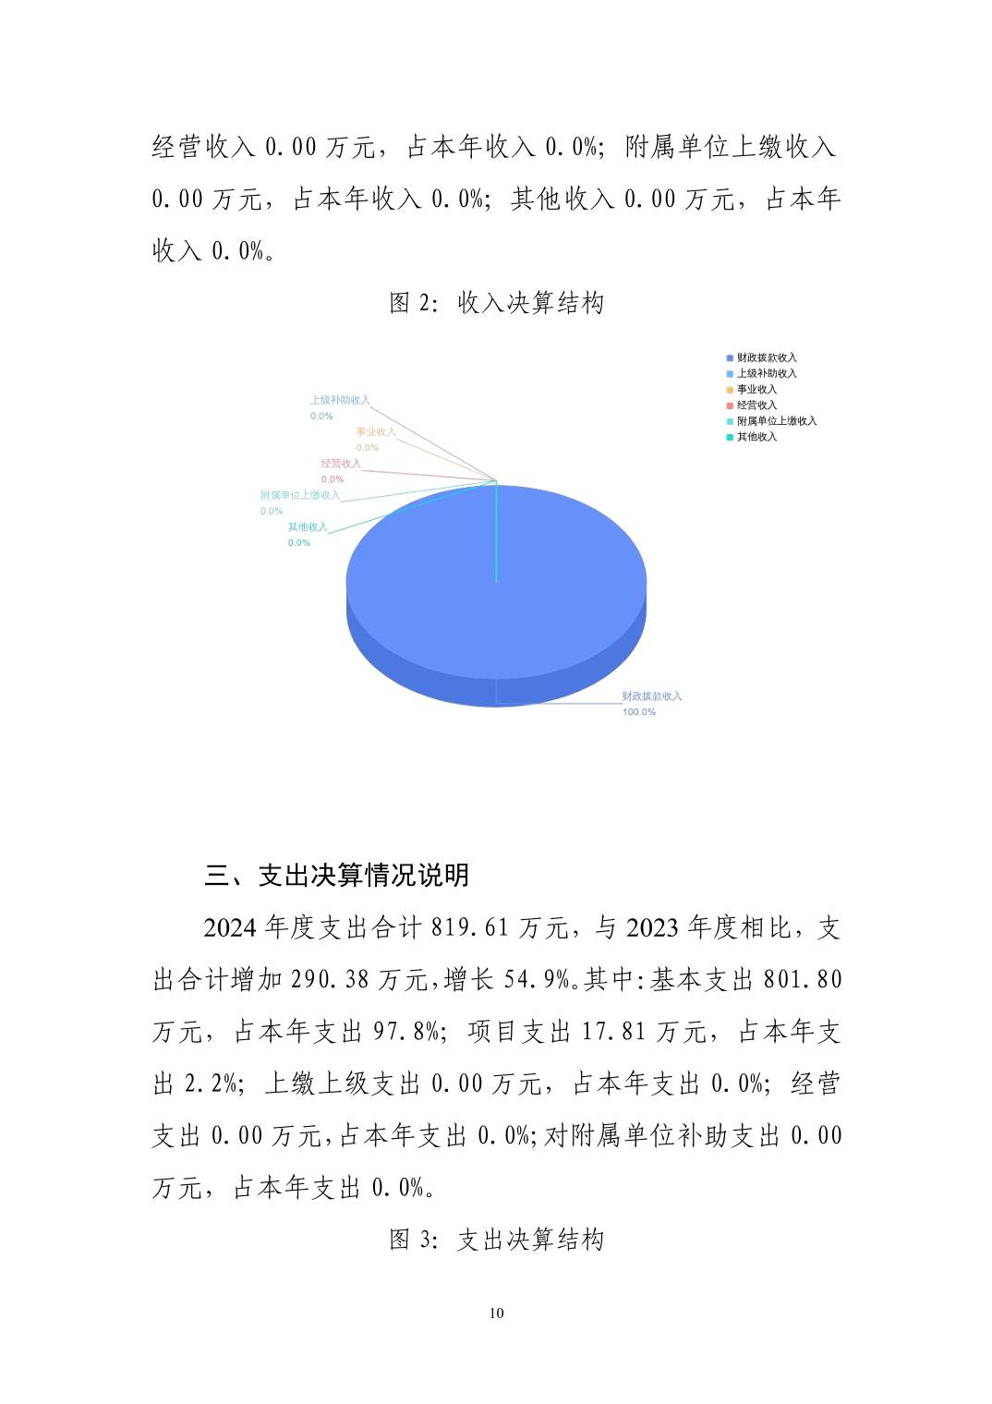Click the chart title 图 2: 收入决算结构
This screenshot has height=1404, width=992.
click(496, 303)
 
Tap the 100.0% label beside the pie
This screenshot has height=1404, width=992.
click(639, 712)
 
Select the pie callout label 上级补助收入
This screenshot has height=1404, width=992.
click(339, 400)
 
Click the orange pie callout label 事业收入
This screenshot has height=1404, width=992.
click(376, 431)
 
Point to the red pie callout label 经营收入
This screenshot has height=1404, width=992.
click(341, 464)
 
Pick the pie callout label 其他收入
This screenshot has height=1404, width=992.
click(307, 526)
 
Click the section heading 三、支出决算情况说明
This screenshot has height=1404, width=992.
click(337, 875)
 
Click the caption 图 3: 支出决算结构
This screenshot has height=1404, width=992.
click(496, 1240)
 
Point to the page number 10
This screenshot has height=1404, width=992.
click(497, 1313)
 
